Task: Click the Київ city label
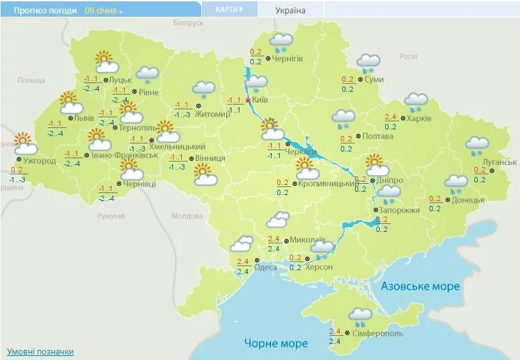262,100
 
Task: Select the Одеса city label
266,267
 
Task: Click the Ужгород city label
39,161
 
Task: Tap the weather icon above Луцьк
106,62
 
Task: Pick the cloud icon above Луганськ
477,145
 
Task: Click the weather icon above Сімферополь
360,316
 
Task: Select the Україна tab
290,10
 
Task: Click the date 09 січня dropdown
104,11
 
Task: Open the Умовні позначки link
40,351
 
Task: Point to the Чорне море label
275,343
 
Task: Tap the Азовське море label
421,286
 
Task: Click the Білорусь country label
188,23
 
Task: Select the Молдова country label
187,216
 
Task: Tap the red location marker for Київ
248,101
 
